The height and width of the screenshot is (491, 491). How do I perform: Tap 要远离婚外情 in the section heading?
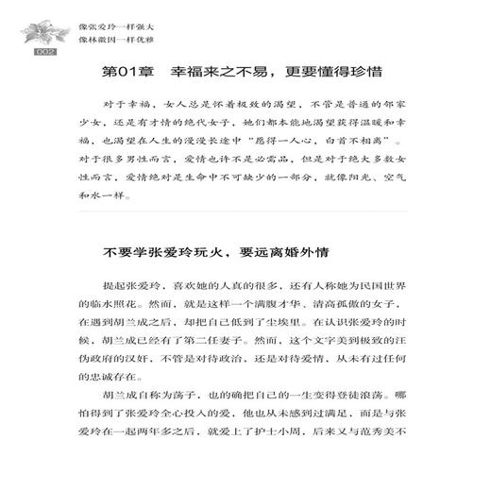coord(283,253)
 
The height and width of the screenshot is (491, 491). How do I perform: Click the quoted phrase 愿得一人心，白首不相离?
coord(304,138)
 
